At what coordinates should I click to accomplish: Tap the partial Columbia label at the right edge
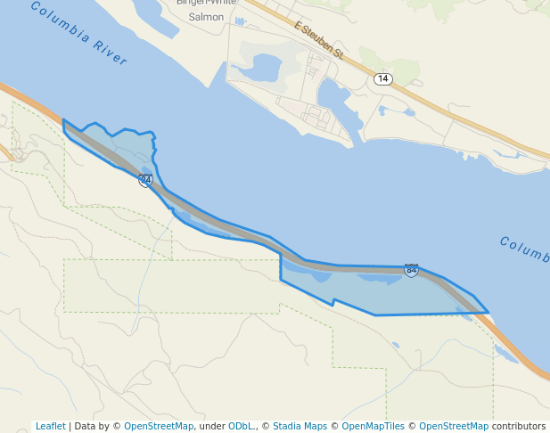point(524,249)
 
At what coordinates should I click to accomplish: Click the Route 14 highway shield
point(382,79)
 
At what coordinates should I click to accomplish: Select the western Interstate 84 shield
point(145,180)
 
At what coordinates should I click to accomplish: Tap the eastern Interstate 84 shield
point(411,270)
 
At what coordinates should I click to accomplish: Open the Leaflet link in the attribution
point(50,426)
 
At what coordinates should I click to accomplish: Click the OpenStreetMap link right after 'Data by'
point(159,426)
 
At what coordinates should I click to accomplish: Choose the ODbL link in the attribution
point(241,426)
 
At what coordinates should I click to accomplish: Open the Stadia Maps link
point(300,426)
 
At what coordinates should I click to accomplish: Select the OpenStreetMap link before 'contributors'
point(454,426)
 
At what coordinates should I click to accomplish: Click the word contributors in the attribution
point(519,426)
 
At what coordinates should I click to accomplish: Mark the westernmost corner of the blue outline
point(63,120)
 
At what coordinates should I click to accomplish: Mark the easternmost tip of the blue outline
point(488,313)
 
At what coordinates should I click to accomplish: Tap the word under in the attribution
point(211,426)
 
